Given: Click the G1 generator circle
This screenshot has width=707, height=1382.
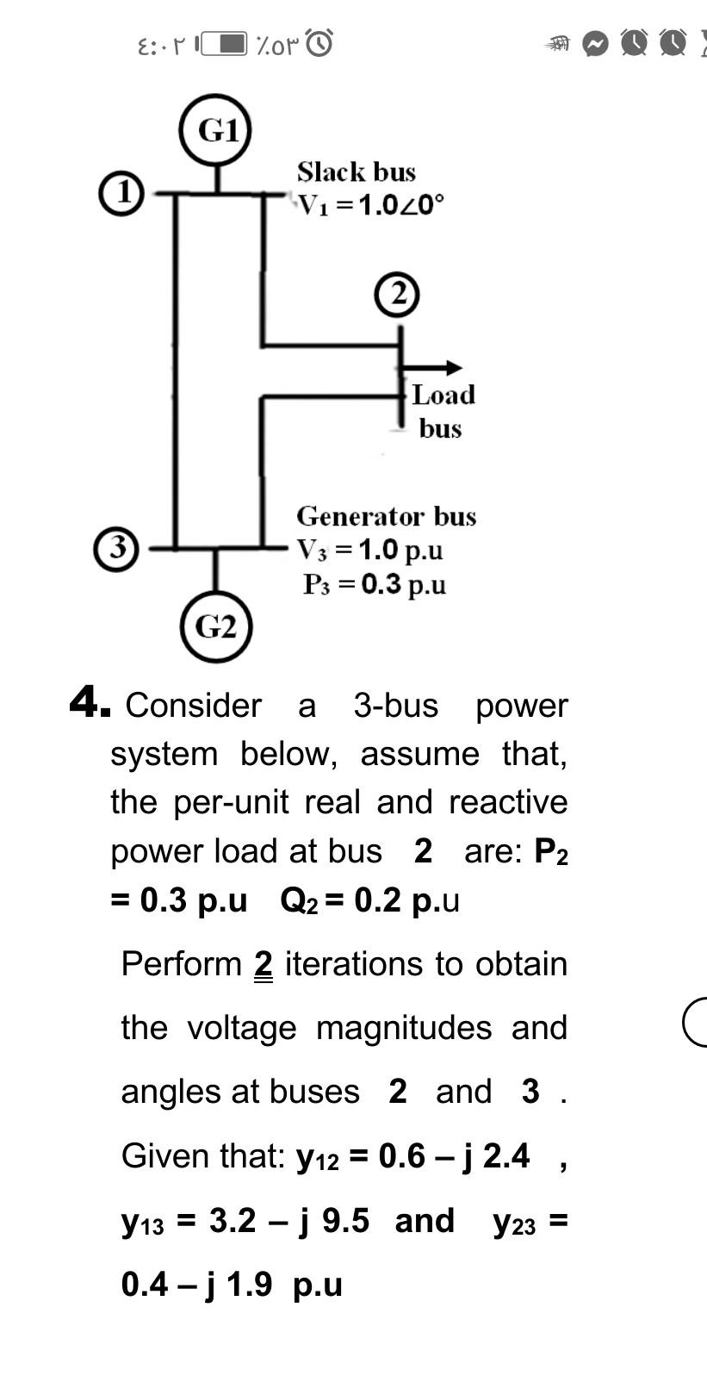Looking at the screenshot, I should click(215, 130).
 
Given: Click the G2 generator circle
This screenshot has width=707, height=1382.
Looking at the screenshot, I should click(215, 626).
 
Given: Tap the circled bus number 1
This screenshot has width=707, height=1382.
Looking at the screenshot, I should click(121, 193).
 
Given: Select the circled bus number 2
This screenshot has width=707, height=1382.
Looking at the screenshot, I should click(397, 295).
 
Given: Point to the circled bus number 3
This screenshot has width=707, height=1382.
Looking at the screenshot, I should click(116, 548).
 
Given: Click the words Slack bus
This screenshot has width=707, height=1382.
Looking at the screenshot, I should click(357, 172).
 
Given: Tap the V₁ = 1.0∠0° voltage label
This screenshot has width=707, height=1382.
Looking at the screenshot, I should click(371, 205).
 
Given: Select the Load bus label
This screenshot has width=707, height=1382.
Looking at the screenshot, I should click(442, 411).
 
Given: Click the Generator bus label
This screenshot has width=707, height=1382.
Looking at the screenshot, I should click(387, 516).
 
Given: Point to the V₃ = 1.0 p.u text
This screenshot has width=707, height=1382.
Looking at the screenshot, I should click(370, 550).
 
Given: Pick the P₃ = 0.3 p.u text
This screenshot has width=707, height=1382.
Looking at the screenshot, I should click(375, 584).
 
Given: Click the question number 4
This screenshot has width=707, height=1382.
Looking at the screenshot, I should click(89, 703).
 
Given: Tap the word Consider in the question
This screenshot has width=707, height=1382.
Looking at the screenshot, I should click(194, 706).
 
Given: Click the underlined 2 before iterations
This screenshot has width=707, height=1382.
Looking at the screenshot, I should click(264, 964).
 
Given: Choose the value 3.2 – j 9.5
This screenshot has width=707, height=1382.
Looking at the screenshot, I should click(289, 1220).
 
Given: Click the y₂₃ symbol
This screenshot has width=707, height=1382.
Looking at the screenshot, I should click(514, 1222).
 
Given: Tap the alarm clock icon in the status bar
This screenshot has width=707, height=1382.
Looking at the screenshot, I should click(319, 42).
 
